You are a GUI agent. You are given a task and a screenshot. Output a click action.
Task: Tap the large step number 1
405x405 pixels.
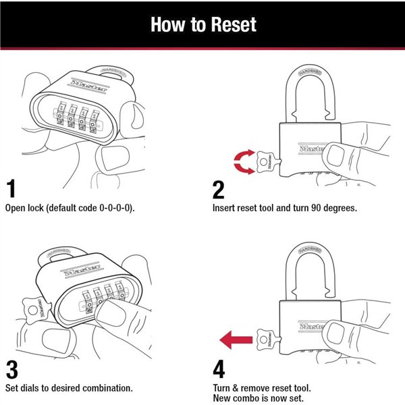[x=11, y=188]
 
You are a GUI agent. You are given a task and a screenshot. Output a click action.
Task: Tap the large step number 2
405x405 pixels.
[x=218, y=188]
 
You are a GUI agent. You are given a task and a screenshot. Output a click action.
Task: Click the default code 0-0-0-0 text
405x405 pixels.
[x=99, y=207]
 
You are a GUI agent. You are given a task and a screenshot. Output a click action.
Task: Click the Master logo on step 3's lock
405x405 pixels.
[x=81, y=268]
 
